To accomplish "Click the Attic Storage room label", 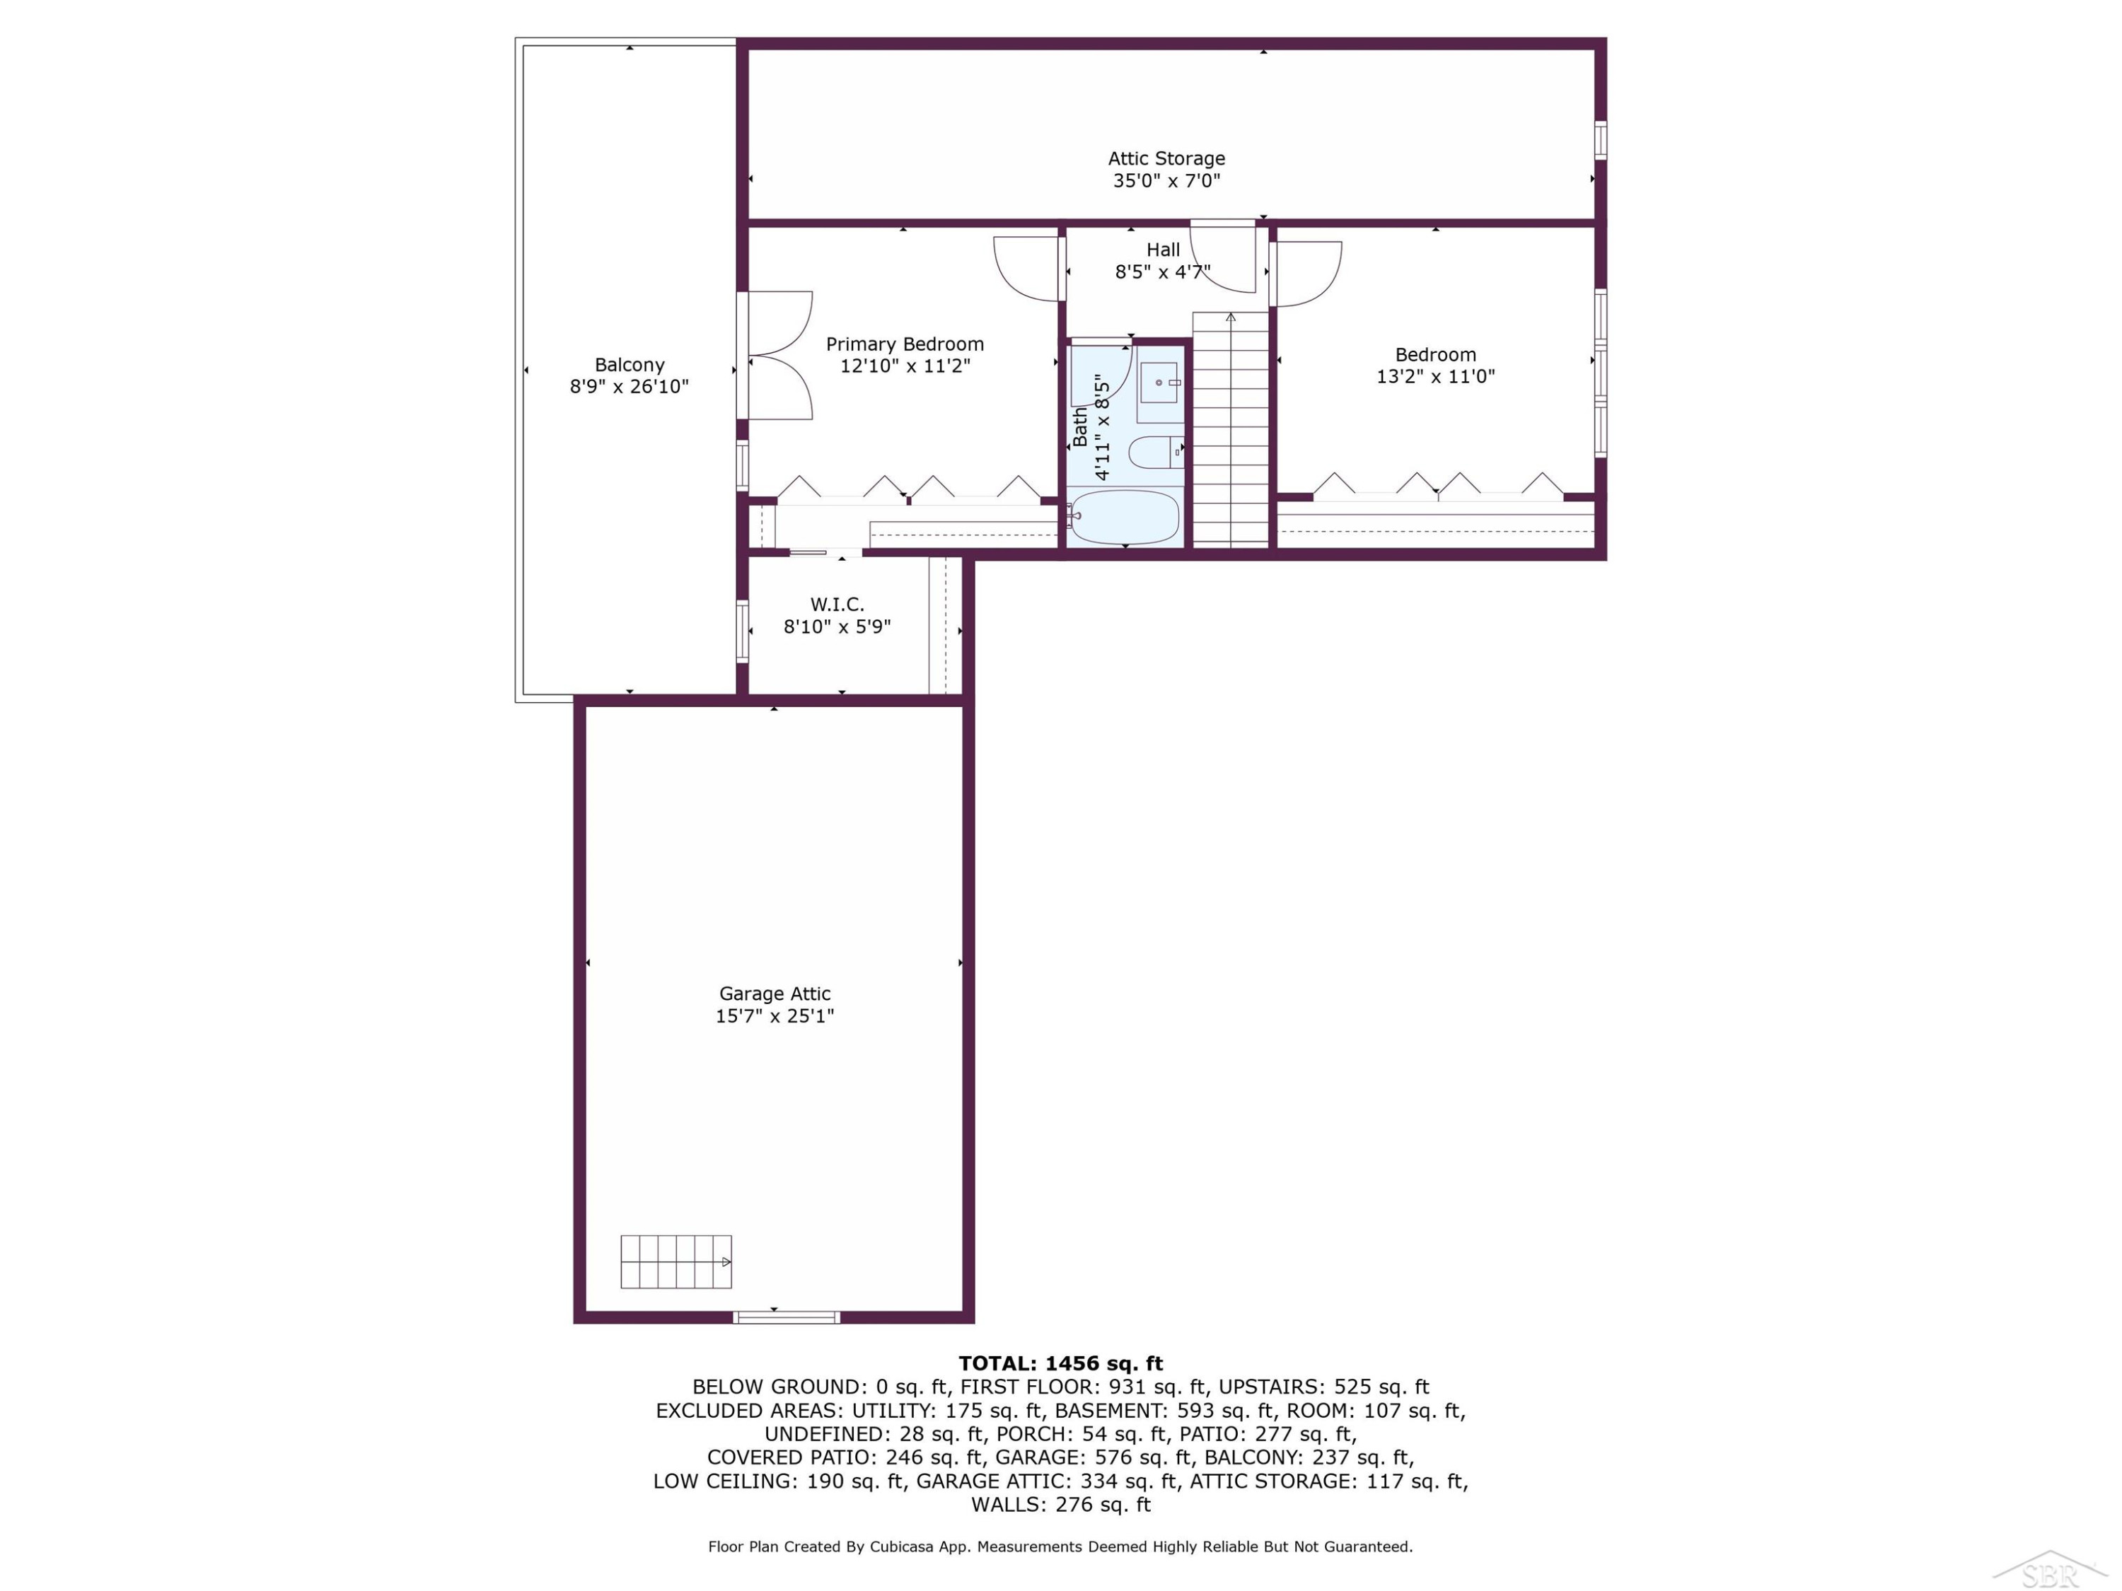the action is [1166, 158].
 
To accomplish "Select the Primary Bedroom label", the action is [905, 344].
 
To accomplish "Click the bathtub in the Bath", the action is [1125, 517].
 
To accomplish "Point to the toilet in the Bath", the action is [1155, 452].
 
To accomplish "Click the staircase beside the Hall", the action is [1231, 430].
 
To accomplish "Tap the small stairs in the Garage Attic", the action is [676, 1261].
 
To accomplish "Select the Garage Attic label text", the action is [775, 993].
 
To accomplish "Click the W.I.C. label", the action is [837, 604].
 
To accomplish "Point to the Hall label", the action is [1163, 250].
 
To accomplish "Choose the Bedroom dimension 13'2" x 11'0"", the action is [1435, 376].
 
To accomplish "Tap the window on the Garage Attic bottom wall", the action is [787, 1317].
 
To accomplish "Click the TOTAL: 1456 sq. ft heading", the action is [1061, 1363].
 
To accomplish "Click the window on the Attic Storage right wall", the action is [1600, 139].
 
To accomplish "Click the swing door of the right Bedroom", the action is [1306, 274].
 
